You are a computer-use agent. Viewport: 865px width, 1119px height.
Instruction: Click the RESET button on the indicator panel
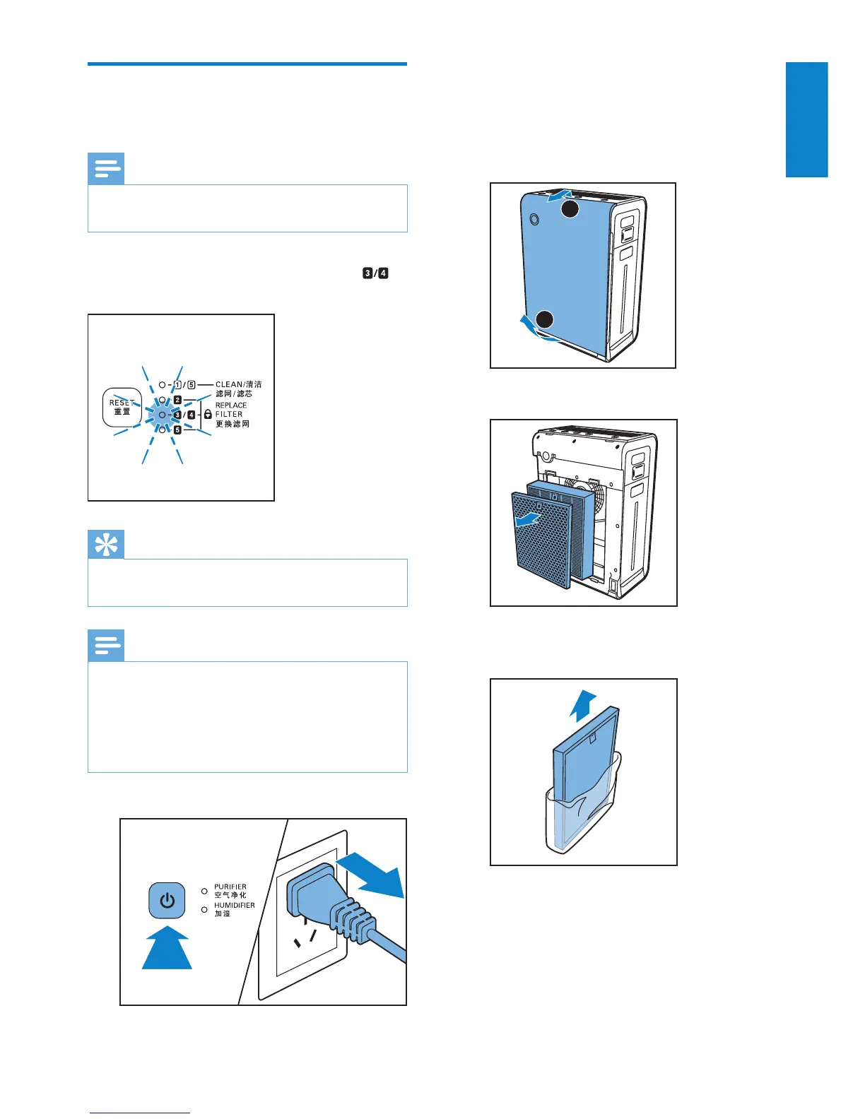pyautogui.click(x=122, y=408)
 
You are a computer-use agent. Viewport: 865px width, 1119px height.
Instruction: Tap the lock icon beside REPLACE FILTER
pyautogui.click(x=208, y=415)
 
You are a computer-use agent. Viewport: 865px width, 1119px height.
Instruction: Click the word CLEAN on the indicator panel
pyautogui.click(x=229, y=385)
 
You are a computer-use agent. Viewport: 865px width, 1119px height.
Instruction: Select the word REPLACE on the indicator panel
pyautogui.click(x=231, y=405)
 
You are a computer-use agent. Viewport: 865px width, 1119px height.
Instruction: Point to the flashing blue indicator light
pyautogui.click(x=162, y=415)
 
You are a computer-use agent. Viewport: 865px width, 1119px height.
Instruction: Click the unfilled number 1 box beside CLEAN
pyautogui.click(x=177, y=385)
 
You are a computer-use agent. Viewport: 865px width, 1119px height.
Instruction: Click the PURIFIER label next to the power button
pyautogui.click(x=230, y=887)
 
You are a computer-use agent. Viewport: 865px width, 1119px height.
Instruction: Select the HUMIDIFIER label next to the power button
pyautogui.click(x=235, y=905)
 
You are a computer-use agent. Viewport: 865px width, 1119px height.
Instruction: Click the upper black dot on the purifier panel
pyautogui.click(x=570, y=209)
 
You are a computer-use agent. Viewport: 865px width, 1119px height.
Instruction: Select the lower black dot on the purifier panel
pyautogui.click(x=544, y=319)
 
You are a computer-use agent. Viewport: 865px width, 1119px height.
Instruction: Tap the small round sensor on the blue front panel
pyautogui.click(x=534, y=220)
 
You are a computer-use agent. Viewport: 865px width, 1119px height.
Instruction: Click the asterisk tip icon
pyautogui.click(x=106, y=544)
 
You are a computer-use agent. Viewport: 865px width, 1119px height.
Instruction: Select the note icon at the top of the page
pyautogui.click(x=106, y=169)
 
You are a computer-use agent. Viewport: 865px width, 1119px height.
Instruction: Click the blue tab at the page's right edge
pyautogui.click(x=806, y=119)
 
